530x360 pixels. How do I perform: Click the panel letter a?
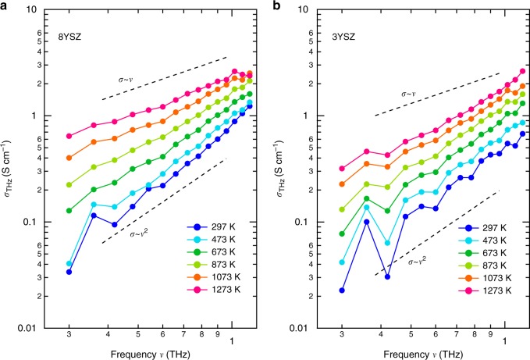coord(5,5)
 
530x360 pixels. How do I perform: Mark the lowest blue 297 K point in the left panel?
coord(69,272)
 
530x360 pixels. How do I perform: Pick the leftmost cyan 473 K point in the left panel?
coord(69,264)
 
